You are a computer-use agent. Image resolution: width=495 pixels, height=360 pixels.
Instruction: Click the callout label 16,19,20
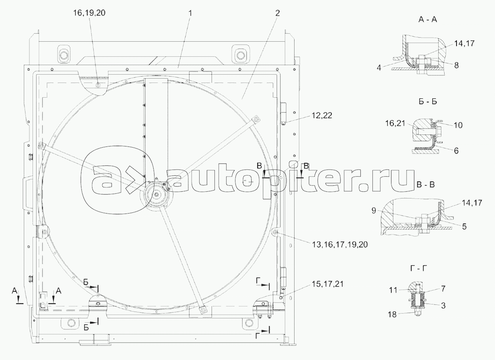click(89, 13)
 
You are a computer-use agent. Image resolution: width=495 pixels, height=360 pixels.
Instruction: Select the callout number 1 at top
click(190, 13)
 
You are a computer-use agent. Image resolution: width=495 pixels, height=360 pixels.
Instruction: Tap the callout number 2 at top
click(277, 13)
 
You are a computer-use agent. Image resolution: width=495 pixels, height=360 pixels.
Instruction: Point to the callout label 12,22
click(322, 116)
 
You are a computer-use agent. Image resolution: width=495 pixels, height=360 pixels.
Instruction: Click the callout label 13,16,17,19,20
click(340, 244)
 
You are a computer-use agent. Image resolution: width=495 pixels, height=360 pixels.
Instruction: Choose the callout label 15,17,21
click(328, 284)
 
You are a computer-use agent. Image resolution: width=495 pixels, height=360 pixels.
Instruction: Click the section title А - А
click(428, 20)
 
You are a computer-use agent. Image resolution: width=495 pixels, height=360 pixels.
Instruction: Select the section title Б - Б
click(428, 102)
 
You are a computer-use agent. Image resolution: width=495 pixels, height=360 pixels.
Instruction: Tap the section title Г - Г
click(419, 268)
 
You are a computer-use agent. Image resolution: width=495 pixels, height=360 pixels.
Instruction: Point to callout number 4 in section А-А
click(379, 68)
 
